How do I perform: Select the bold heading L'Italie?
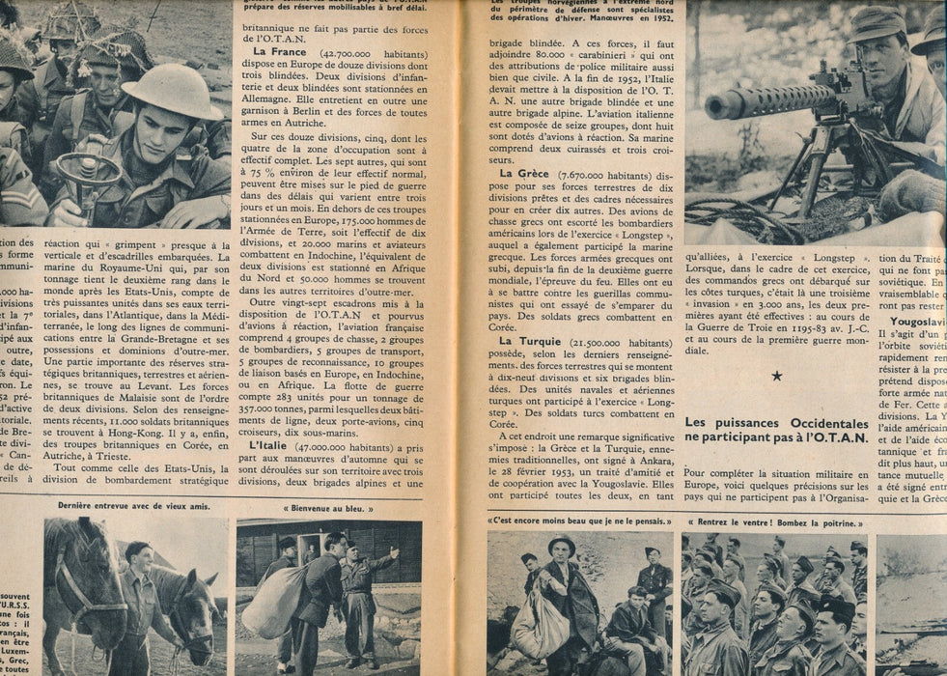[x=277, y=445]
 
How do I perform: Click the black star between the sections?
[x=776, y=375]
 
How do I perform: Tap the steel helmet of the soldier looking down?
[x=172, y=91]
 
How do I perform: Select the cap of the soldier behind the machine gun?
[x=877, y=23]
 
